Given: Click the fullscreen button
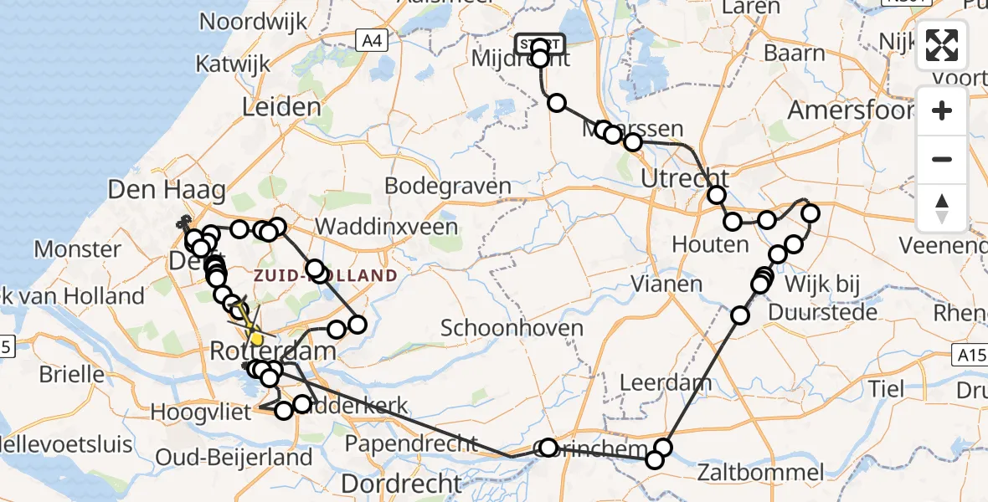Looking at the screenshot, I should pyautogui.click(x=942, y=46).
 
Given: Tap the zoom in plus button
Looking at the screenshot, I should pyautogui.click(x=942, y=110).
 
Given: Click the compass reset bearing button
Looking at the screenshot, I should pyautogui.click(x=942, y=208).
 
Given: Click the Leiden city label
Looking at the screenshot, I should pyautogui.click(x=281, y=107).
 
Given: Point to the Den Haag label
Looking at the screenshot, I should pyautogui.click(x=167, y=191).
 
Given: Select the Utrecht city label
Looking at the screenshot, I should pyautogui.click(x=685, y=178).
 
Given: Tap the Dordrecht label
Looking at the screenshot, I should pyautogui.click(x=401, y=483).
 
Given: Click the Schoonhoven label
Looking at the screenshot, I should pyautogui.click(x=512, y=327).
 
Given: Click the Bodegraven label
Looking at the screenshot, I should pyautogui.click(x=449, y=186).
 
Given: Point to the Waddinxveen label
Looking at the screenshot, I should pyautogui.click(x=387, y=227).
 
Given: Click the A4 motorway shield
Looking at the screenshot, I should pyautogui.click(x=369, y=39).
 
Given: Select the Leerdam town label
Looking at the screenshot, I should pyautogui.click(x=666, y=383).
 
